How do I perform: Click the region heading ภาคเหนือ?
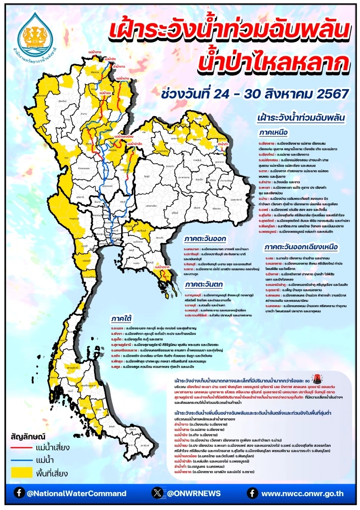click(274, 133)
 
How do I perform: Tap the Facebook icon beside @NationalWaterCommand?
click(19, 493)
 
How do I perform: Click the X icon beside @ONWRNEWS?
click(157, 493)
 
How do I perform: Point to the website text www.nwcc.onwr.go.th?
click(302, 494)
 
